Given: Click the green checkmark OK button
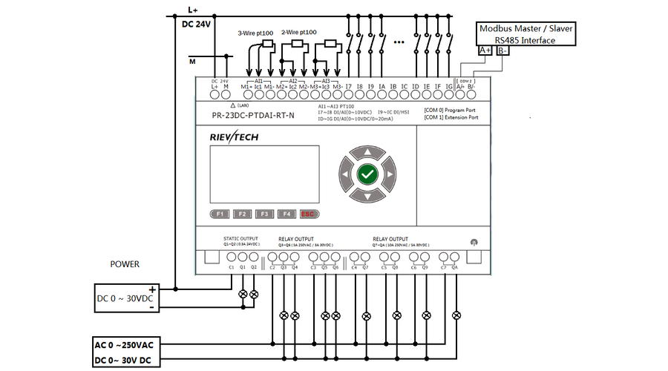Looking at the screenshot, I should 367,175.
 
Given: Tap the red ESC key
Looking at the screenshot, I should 308,214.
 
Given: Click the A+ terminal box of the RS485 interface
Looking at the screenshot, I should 485,50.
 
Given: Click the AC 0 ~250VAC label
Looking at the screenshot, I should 123,346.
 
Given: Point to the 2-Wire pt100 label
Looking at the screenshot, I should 298,33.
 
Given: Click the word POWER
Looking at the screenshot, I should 125,264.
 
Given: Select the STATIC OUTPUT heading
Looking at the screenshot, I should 240,239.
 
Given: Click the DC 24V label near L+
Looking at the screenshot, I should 197,24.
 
